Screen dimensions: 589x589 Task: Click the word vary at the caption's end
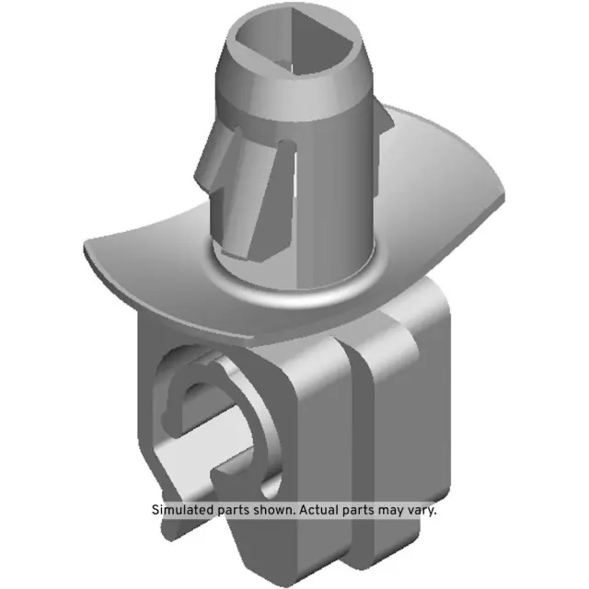point(424,510)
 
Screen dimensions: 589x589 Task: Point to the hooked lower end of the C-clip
point(230,474)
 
